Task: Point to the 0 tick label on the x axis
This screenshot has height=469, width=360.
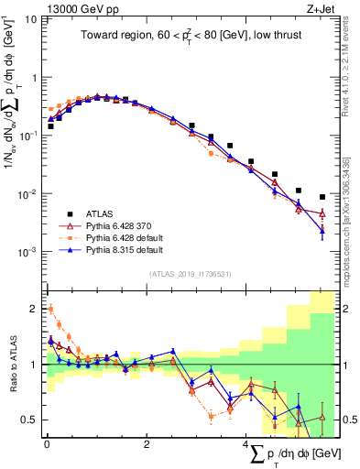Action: click(x=47, y=443)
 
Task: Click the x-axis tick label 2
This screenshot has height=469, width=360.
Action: click(x=147, y=443)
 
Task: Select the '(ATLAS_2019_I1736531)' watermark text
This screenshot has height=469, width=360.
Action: click(x=191, y=273)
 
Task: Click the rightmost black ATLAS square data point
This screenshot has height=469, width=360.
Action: click(x=322, y=197)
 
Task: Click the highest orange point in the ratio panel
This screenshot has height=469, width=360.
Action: click(x=50, y=309)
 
